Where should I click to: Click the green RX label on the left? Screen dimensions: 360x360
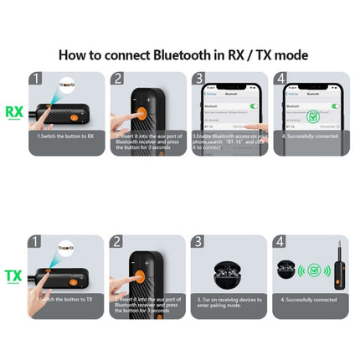click(x=14, y=112)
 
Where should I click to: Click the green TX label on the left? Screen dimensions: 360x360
click(x=14, y=275)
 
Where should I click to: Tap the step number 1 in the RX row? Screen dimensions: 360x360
click(x=36, y=79)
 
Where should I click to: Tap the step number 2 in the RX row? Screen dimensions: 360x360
click(x=117, y=79)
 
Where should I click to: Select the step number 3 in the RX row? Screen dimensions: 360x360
click(x=198, y=79)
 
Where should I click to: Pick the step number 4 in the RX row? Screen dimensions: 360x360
click(x=280, y=79)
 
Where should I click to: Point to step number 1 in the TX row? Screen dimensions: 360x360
click(x=36, y=242)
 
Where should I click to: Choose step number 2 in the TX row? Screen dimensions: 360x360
click(x=117, y=242)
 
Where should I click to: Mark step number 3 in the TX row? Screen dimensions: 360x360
click(x=198, y=242)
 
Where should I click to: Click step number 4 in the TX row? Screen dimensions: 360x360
click(x=280, y=242)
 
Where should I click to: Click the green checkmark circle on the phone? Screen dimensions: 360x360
click(x=313, y=116)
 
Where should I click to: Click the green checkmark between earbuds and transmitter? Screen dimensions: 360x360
click(x=315, y=270)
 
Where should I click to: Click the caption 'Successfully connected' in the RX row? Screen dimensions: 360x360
click(x=310, y=136)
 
